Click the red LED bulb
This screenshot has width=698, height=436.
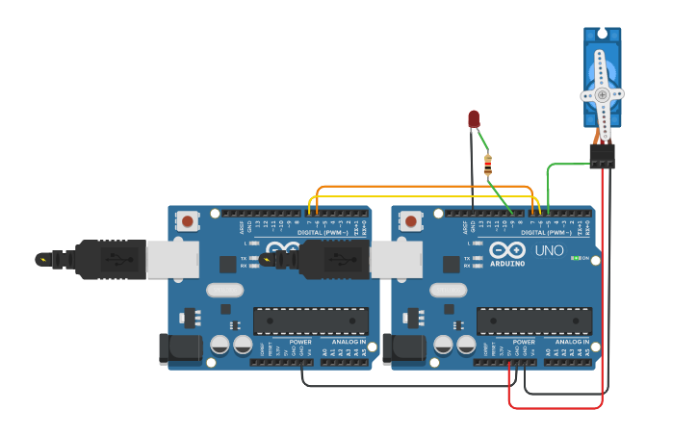coord(474,118)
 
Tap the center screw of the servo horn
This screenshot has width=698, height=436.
coord(602,94)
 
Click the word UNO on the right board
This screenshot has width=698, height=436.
coord(550,250)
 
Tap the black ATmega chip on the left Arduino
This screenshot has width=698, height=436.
coord(310,321)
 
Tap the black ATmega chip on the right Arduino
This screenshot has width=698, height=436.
coord(533,321)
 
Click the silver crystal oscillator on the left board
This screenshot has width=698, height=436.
coord(224,290)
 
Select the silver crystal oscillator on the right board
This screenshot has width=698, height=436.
coord(448,290)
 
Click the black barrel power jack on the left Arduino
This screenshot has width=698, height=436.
coord(179,348)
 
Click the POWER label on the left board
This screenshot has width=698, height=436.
coord(300,342)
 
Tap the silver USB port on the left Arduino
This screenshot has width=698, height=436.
coord(173,259)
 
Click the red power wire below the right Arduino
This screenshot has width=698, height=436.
coord(558,407)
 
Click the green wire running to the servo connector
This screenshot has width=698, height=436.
coord(563,165)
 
